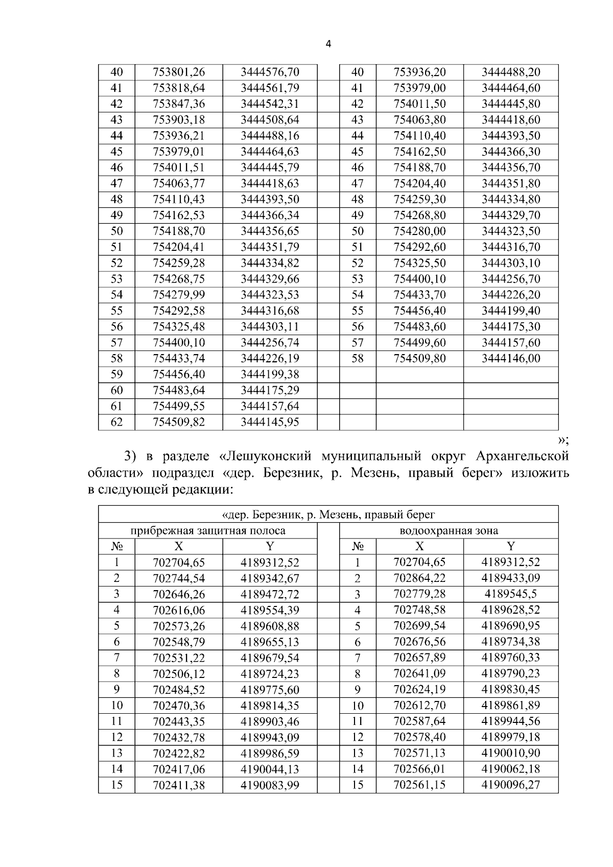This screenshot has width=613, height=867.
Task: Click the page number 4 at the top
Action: pos(328,44)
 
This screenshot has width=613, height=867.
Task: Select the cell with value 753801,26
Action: pos(179,72)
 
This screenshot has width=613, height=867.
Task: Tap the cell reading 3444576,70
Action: pos(270,72)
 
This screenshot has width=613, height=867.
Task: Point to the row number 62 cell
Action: pos(116,422)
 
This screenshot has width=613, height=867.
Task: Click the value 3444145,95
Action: pos(270,422)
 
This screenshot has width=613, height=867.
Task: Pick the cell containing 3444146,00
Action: pos(511,359)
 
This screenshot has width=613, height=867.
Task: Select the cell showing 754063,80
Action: pos(420,120)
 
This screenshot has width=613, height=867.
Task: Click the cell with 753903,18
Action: pos(179,120)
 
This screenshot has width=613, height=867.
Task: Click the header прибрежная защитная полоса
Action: pos(208,531)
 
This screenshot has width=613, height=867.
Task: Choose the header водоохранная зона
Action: pos(449,531)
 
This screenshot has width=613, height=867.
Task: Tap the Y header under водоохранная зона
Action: pos(511,546)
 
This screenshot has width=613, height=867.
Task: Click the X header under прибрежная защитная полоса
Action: pos(179,546)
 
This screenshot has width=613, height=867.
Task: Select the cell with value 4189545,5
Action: pos(511,594)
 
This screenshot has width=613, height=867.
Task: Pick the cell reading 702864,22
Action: pos(420,578)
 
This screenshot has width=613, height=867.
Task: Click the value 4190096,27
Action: pos(511,785)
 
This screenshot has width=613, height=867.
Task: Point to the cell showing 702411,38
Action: pos(179,785)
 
